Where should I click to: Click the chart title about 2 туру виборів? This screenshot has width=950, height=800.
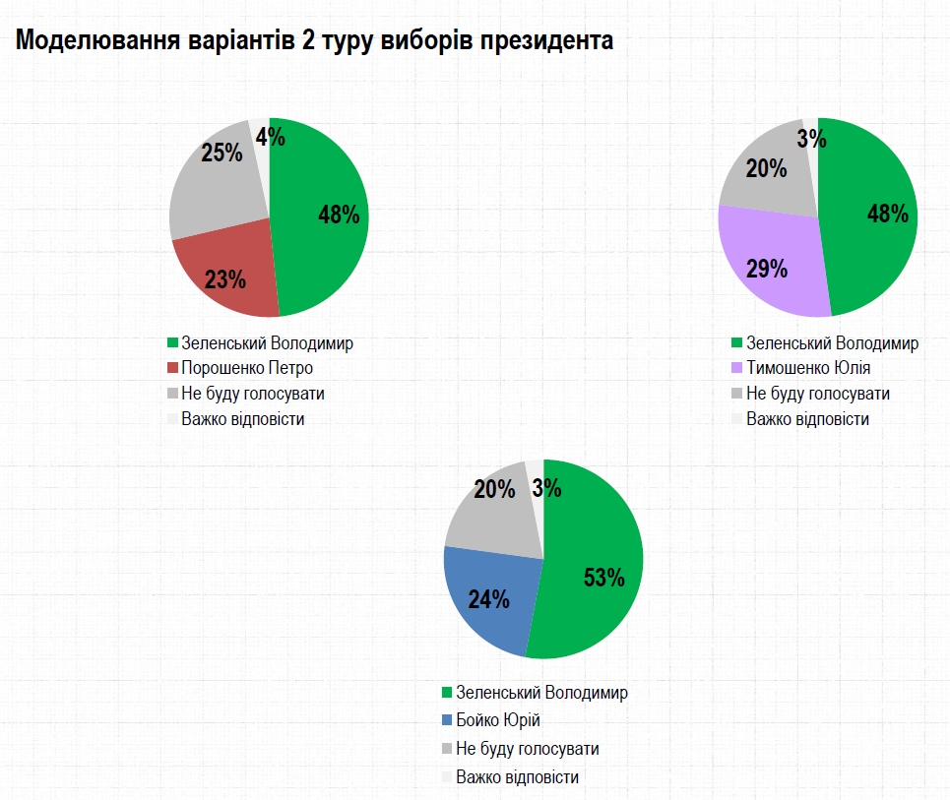pos(313,41)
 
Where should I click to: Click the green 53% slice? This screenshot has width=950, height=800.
pos(596,561)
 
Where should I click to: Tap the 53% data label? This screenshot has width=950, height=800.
pos(604,578)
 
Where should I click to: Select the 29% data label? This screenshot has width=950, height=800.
pos(767,269)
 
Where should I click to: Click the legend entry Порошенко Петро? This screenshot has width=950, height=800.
pos(247,368)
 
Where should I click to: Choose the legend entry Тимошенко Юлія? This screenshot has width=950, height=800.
pos(808,368)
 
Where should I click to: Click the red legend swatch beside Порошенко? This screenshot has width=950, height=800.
pos(173,368)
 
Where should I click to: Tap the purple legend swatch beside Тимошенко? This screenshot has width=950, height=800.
pos(734,368)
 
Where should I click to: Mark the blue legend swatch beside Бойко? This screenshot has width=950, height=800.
pos(447,719)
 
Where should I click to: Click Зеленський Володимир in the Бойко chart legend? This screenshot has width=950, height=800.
pos(541,693)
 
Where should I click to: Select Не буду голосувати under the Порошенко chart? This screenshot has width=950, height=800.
pos(253,394)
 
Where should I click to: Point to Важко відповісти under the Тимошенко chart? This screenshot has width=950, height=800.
pos(807,419)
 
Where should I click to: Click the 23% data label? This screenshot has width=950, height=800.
pos(225,279)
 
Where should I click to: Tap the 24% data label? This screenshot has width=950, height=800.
pos(488,598)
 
